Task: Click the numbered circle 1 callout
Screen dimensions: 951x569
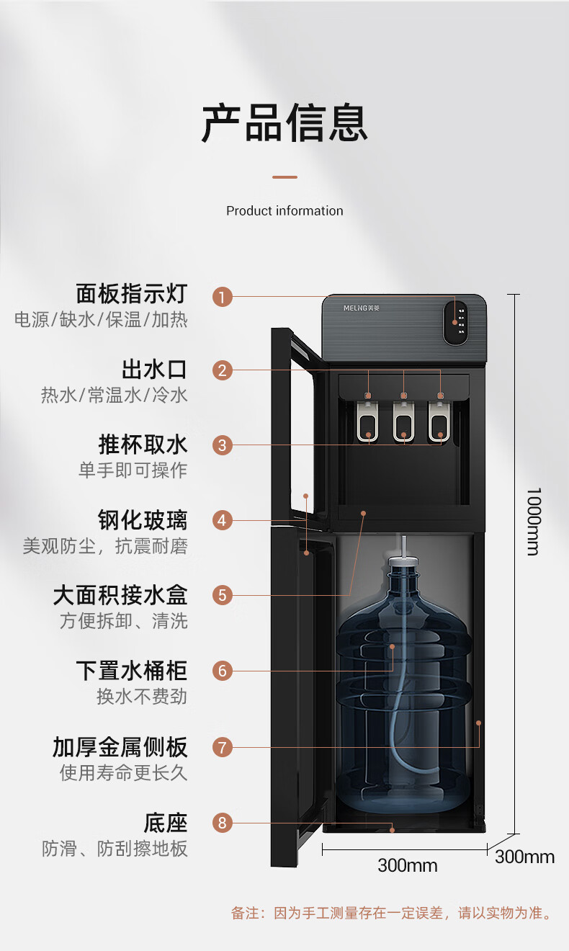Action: tap(223, 296)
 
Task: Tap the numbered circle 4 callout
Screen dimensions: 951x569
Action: tap(223, 520)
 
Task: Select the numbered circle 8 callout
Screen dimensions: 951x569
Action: tap(223, 822)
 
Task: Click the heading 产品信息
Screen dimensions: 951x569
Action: tap(284, 123)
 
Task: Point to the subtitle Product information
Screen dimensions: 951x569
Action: tap(284, 211)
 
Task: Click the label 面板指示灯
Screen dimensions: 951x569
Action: tap(131, 294)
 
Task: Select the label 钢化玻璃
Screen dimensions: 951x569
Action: tap(143, 519)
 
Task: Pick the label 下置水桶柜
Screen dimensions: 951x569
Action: tap(131, 671)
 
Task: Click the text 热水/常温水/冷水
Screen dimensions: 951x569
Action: tap(114, 396)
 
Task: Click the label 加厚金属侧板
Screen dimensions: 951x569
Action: tap(120, 747)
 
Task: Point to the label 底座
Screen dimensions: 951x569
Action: tap(166, 822)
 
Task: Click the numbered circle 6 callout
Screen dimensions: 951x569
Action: tap(223, 671)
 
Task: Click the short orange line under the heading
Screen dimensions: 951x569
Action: tap(284, 177)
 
